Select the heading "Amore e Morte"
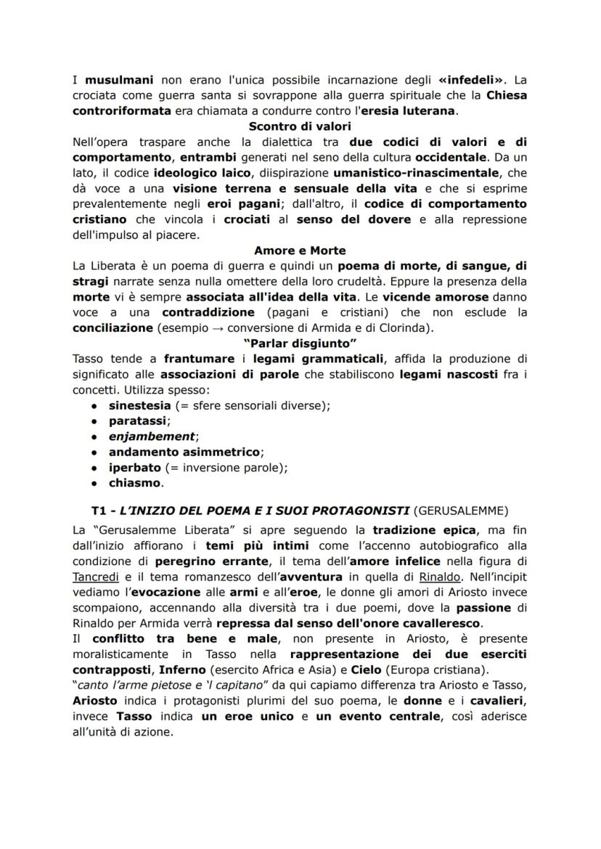[299, 251]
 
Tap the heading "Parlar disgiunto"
[299, 344]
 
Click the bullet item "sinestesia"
[140, 405]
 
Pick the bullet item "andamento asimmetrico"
[184, 452]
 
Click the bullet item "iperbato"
[134, 467]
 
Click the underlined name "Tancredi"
[100, 592]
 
